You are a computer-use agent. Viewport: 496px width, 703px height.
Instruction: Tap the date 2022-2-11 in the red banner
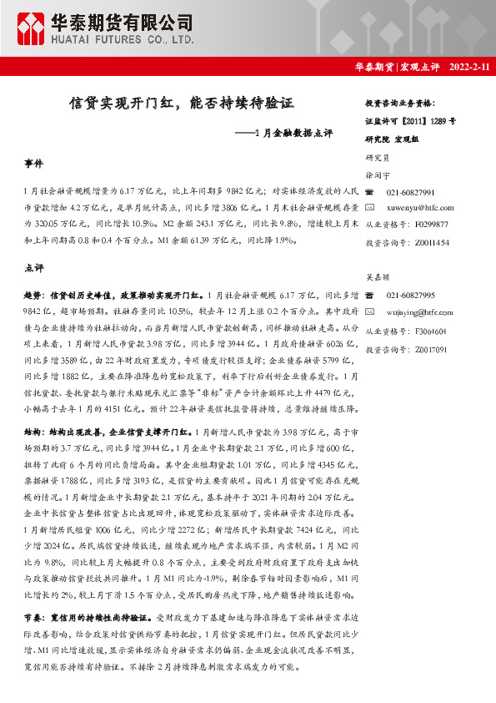pyautogui.click(x=470, y=67)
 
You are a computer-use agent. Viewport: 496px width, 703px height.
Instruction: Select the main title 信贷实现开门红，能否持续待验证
pyautogui.click(x=182, y=104)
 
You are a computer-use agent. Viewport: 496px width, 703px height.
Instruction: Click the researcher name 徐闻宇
pyautogui.click(x=378, y=175)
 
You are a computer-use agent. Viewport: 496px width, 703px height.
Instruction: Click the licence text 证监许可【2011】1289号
pyautogui.click(x=410, y=120)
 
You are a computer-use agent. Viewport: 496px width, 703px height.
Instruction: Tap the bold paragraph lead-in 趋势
pyautogui.click(x=33, y=296)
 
